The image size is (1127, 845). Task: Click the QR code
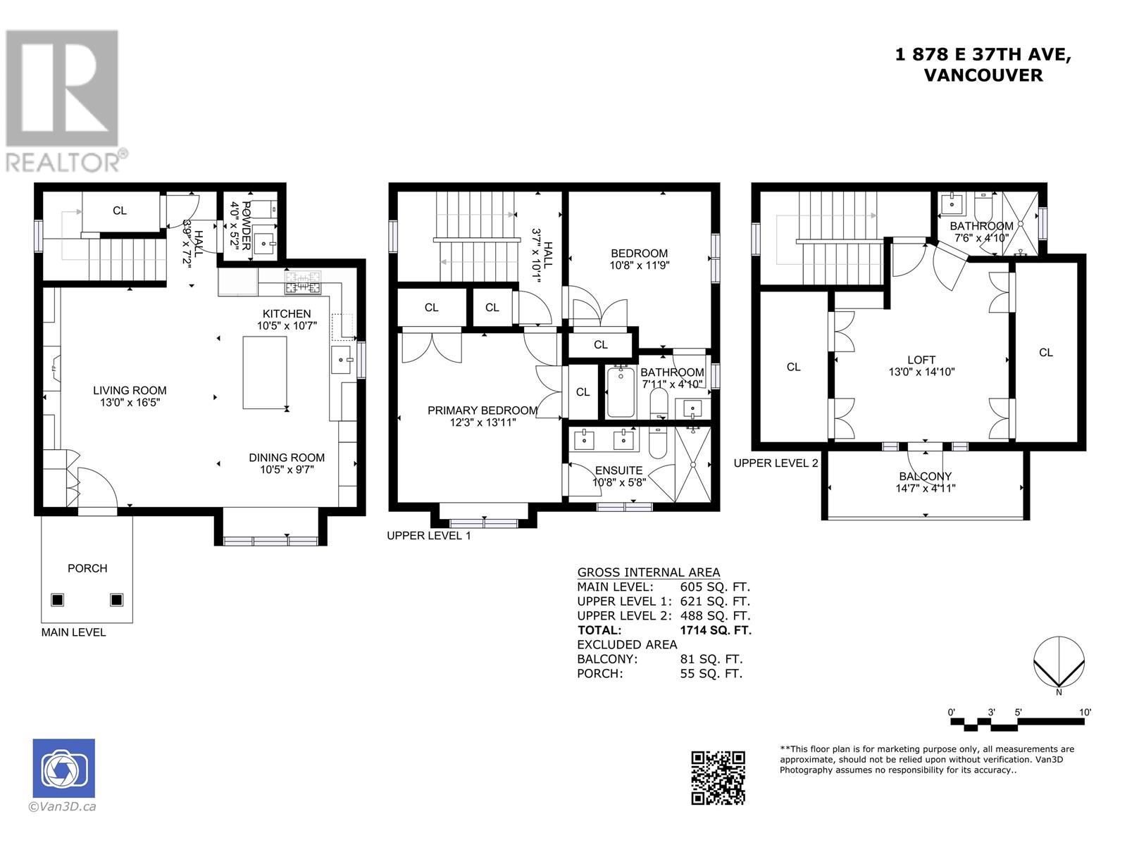coord(718,778)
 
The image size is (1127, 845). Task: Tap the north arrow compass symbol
coord(1059,663)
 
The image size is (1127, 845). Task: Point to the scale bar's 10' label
coord(1085,712)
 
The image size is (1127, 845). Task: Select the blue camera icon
coord(63,768)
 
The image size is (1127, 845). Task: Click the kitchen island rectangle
coord(264,373)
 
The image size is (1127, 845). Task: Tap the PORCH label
coord(87,568)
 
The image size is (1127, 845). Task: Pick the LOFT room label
coord(921,360)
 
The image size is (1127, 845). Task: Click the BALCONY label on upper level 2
coord(926,476)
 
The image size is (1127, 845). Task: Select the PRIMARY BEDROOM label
coord(482,411)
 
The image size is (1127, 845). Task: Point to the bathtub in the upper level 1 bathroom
coord(621,392)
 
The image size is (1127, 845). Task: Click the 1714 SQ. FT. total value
coord(716,630)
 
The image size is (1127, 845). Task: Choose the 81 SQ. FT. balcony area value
coord(711,659)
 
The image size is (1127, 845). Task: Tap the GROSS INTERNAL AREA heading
coord(649,572)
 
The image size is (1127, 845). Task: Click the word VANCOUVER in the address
coord(983,75)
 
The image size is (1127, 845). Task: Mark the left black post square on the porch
coord(58,600)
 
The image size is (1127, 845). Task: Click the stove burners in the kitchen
coord(302,282)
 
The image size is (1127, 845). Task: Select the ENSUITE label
coord(618,470)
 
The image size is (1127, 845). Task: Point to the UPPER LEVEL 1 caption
coord(429,536)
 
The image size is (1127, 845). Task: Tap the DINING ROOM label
coord(287,458)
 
